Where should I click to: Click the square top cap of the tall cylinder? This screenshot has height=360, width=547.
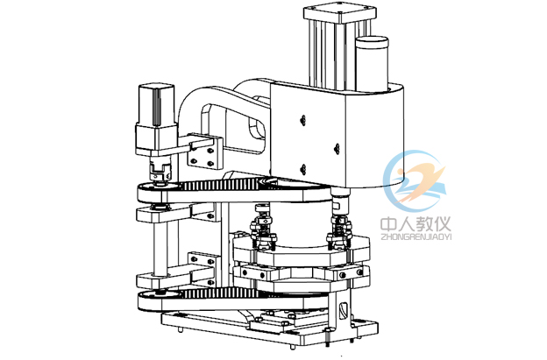(340, 14)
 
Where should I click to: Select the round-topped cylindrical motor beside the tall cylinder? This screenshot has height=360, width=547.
(372, 63)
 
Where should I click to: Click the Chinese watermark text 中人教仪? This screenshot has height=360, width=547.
(416, 223)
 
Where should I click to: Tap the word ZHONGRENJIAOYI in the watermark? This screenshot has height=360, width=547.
(416, 237)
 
